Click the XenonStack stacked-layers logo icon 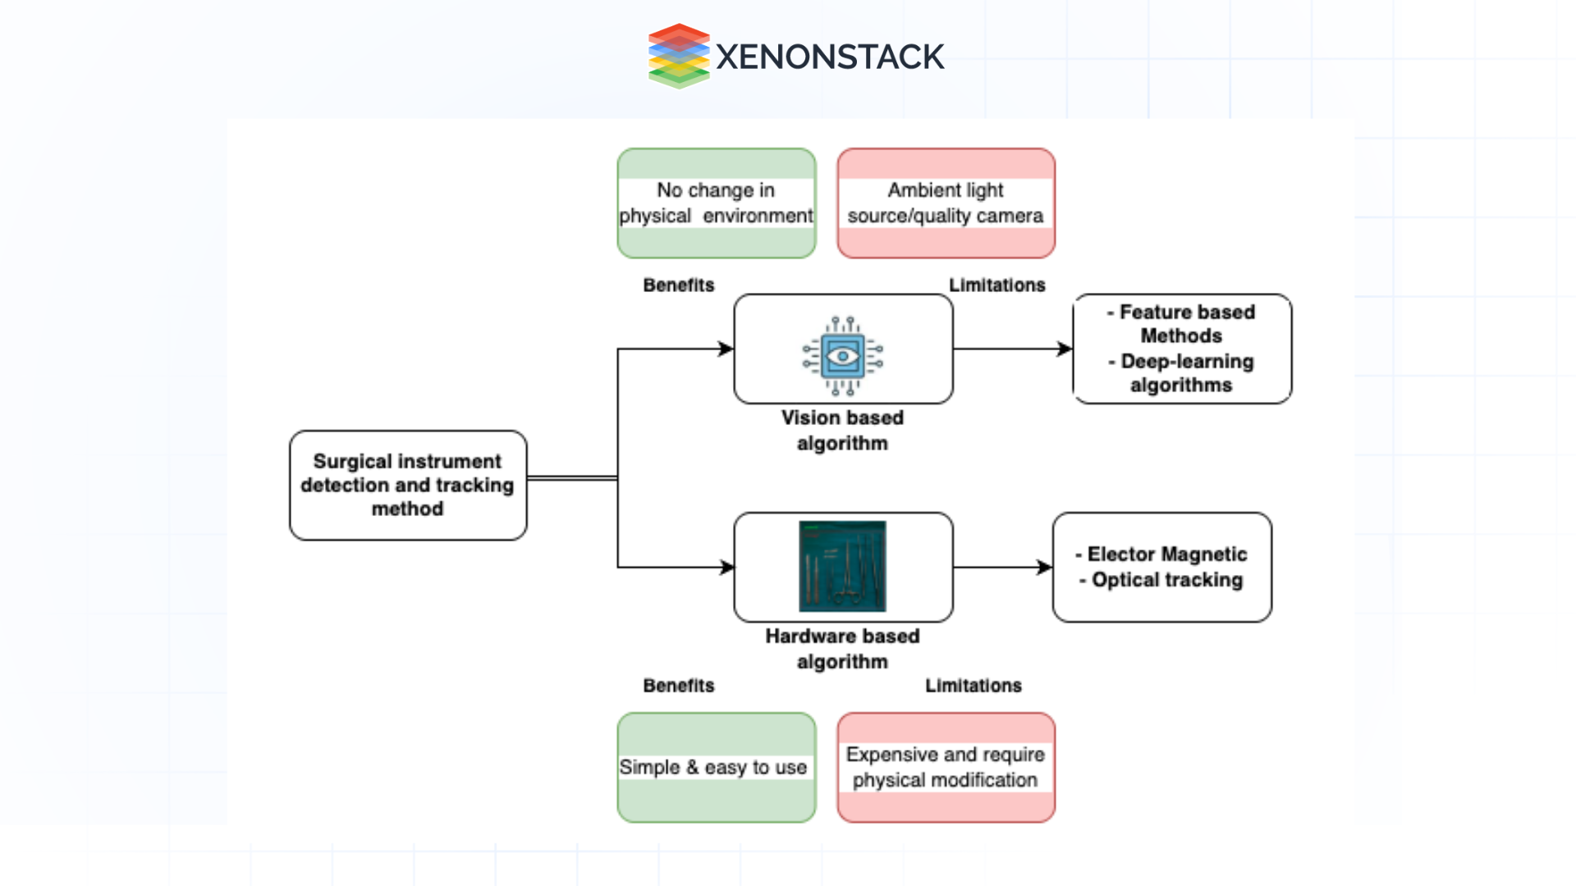pyautogui.click(x=678, y=56)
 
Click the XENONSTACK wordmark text pyautogui.click(x=830, y=57)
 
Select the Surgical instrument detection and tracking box pyautogui.click(x=408, y=485)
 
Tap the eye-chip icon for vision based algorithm pyautogui.click(x=843, y=356)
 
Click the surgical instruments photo pyautogui.click(x=842, y=566)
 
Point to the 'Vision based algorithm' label pyautogui.click(x=842, y=430)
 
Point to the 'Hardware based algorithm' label pyautogui.click(x=842, y=648)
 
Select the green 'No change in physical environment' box pyautogui.click(x=717, y=203)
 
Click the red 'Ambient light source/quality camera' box pyautogui.click(x=946, y=203)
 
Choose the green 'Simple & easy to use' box pyautogui.click(x=717, y=767)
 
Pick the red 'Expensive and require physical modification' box pyautogui.click(x=946, y=767)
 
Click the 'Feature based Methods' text pyautogui.click(x=1182, y=324)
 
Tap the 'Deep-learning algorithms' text pyautogui.click(x=1182, y=373)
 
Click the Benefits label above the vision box pyautogui.click(x=679, y=285)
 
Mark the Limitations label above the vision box pyautogui.click(x=997, y=285)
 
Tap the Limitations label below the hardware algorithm pyautogui.click(x=974, y=686)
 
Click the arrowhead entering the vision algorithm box pyautogui.click(x=726, y=349)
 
